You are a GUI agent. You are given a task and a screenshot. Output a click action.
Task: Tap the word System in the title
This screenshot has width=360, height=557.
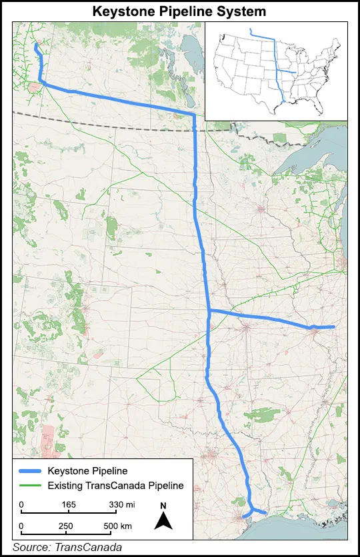242,11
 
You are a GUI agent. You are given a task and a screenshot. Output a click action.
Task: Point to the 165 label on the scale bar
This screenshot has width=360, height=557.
69,504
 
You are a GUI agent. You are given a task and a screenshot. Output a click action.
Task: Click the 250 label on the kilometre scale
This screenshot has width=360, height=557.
66,526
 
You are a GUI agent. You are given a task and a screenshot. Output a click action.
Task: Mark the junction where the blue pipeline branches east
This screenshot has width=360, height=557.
209,311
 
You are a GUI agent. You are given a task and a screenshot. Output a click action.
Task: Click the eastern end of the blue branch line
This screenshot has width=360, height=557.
332,327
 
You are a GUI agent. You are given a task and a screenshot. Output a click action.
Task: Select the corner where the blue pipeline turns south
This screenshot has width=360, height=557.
193,116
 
